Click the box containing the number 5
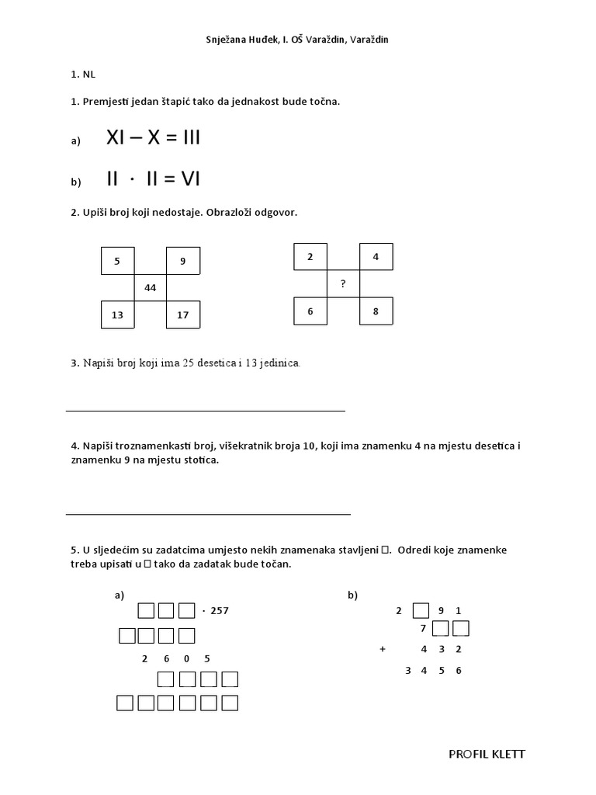[x=117, y=261]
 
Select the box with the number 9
[x=183, y=261]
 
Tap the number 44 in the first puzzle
[x=150, y=288]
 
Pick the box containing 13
[x=117, y=315]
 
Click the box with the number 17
[x=183, y=315]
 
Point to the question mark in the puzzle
[x=343, y=284]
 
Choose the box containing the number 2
[x=310, y=256]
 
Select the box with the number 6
[x=310, y=311]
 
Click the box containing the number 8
[x=376, y=311]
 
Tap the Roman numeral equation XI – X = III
[x=153, y=138]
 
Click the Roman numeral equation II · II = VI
[x=153, y=179]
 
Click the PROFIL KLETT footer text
[x=487, y=754]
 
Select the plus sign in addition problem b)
[x=383, y=649]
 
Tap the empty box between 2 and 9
[x=420, y=611]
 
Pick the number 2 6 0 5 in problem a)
[x=175, y=659]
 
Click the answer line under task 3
[x=205, y=410]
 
